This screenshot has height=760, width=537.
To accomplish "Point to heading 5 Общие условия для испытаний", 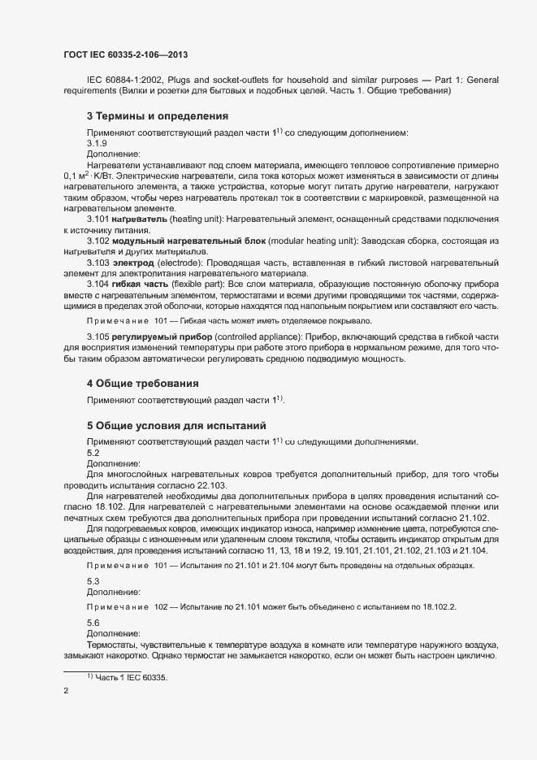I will click(x=176, y=426).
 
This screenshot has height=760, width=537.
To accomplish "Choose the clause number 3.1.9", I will click(x=97, y=142).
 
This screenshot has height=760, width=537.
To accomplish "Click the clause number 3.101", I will click(x=97, y=219).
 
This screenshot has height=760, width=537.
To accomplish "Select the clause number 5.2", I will click(x=93, y=452).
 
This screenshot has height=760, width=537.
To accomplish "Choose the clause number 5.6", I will click(x=93, y=622).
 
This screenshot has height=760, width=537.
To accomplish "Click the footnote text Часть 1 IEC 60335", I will click(x=132, y=677).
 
